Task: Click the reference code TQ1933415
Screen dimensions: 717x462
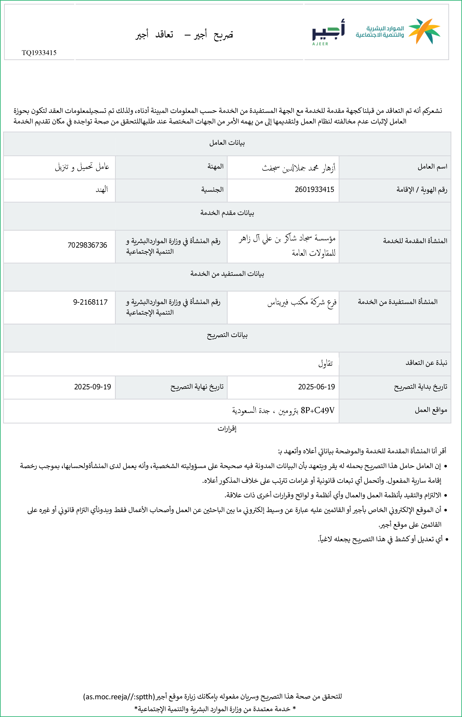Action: (x=39, y=53)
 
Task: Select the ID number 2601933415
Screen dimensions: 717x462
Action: (x=314, y=189)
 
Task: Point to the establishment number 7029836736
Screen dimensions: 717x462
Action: (x=87, y=245)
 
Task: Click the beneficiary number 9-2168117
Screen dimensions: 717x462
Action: (x=90, y=302)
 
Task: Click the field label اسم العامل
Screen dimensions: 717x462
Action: (x=432, y=167)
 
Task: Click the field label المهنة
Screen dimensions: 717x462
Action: (x=215, y=167)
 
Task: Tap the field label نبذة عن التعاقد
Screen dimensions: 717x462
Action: (x=426, y=363)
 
